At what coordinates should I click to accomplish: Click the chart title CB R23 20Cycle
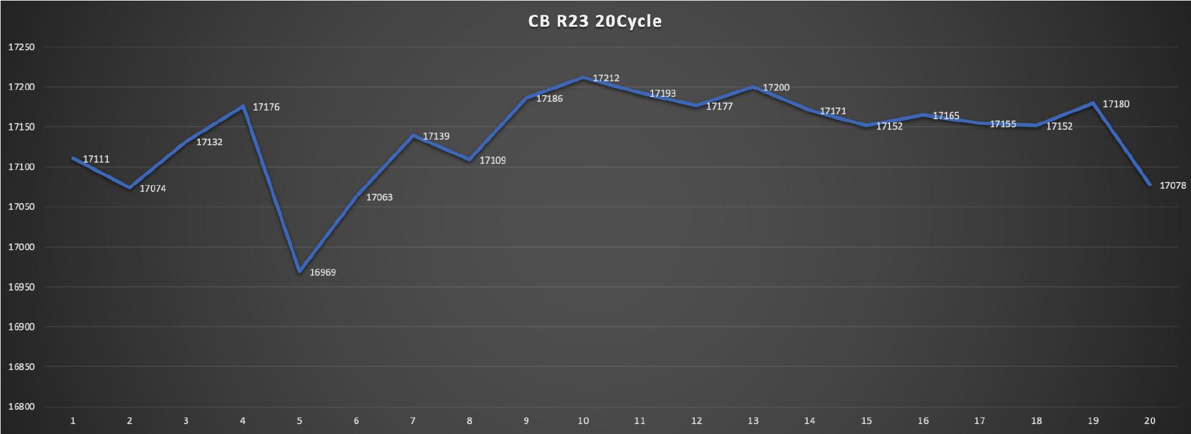pos(595,21)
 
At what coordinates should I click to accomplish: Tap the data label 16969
pos(323,273)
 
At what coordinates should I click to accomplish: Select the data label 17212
pos(606,78)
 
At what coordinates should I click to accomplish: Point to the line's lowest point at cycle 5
pos(300,271)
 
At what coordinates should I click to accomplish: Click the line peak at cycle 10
pos(583,78)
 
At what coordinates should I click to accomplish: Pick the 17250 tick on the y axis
pos(21,47)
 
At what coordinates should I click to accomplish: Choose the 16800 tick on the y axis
pos(21,407)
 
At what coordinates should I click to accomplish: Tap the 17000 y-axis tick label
pos(21,247)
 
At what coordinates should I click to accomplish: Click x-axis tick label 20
pos(1149,421)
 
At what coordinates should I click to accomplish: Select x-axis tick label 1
pos(73,421)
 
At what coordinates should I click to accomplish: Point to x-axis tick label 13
pos(752,421)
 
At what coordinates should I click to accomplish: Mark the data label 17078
pos(1172,186)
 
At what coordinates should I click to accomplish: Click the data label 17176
pos(267,107)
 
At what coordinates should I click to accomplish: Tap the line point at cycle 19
pos(1092,103)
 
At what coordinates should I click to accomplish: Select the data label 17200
pos(776,88)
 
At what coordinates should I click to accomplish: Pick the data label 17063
pos(379,197)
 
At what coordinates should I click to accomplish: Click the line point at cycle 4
pos(243,106)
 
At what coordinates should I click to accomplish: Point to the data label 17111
pos(96,160)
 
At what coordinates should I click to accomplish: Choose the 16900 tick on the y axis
pos(21,327)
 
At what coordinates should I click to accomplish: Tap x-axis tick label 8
pos(470,421)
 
